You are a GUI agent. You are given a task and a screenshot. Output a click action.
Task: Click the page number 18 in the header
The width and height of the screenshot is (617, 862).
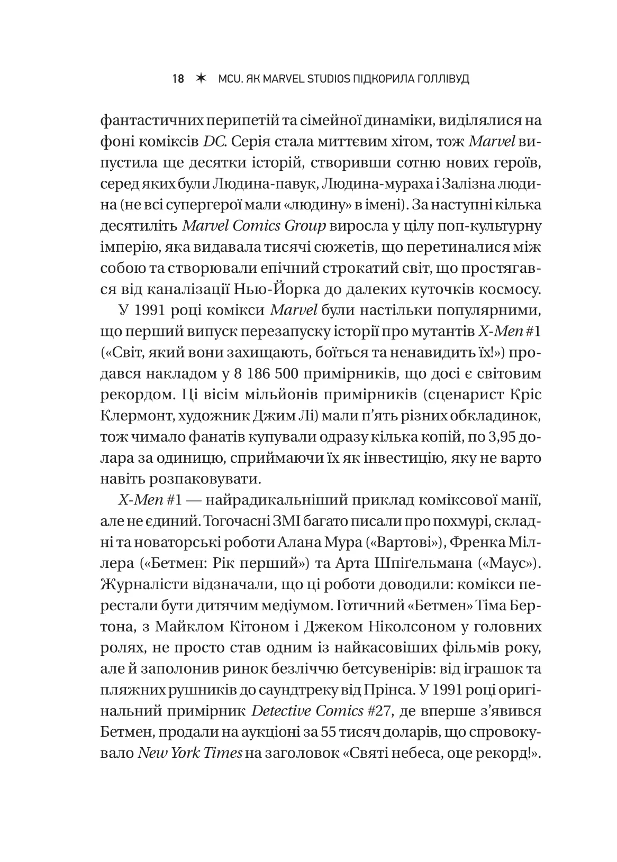coord(178,80)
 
